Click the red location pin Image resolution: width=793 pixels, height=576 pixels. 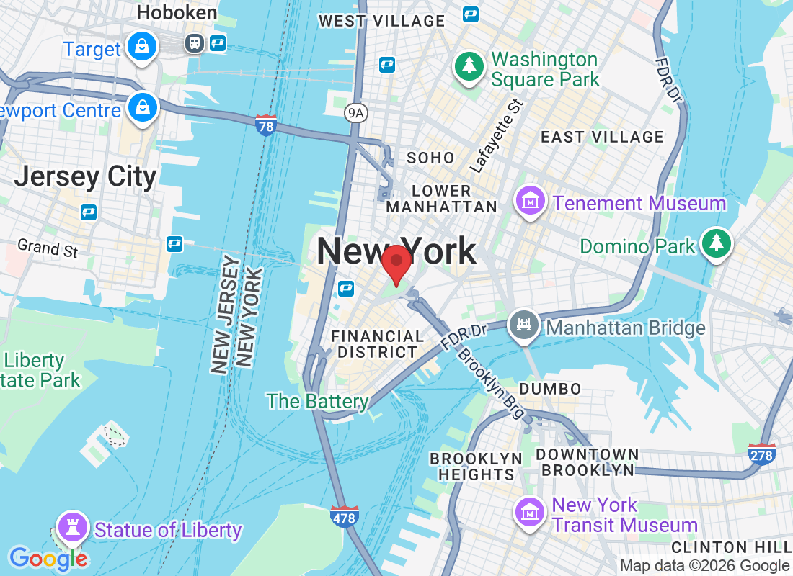[396, 264]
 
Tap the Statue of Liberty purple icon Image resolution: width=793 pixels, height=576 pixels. [72, 528]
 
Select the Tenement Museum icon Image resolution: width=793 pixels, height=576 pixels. [531, 202]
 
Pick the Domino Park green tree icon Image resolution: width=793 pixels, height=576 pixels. [717, 244]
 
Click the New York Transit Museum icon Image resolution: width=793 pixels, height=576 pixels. [530, 512]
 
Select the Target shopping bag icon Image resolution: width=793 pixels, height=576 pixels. [143, 48]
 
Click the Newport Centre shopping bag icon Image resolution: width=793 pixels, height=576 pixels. [143, 109]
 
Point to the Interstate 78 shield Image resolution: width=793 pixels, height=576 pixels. [266, 125]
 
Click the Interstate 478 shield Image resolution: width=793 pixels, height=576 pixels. [345, 517]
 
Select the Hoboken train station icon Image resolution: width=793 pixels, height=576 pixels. [194, 43]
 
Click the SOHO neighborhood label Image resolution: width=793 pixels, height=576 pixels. [430, 158]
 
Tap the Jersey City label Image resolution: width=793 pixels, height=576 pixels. [85, 177]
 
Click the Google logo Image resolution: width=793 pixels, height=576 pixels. [48, 558]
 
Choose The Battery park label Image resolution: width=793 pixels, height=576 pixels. [317, 401]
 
